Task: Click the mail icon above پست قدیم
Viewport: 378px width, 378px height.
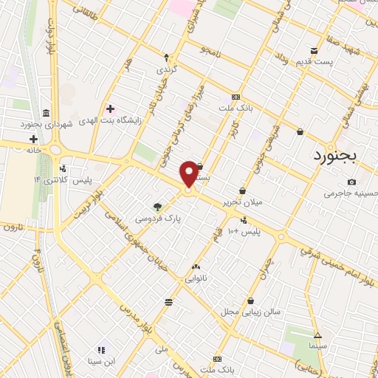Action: coord(315,51)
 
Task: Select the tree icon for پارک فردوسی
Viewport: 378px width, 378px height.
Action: coord(157,207)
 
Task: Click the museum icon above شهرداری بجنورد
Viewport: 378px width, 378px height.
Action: coord(47,113)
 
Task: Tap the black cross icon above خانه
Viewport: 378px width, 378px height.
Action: coord(33,139)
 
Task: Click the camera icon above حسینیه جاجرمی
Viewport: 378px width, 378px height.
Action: coord(351,182)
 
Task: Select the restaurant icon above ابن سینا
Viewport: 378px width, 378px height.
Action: coord(101,349)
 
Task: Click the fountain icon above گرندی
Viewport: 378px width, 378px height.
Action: coord(166,57)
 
